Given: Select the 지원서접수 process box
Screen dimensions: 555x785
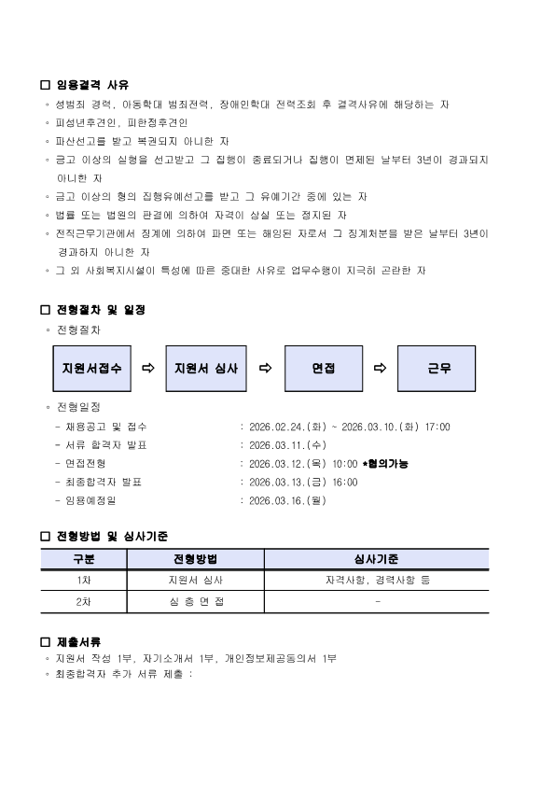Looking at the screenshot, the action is click(x=90, y=369).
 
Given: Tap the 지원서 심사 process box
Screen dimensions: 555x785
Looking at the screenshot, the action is click(x=206, y=369).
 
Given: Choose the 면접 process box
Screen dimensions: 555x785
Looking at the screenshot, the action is click(x=324, y=369).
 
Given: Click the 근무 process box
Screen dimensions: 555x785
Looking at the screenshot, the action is click(x=439, y=369).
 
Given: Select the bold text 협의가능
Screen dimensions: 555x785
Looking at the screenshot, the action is click(x=387, y=464).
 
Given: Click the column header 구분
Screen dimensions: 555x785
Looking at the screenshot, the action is click(x=84, y=559).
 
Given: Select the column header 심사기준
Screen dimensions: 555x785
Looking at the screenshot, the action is click(x=377, y=559).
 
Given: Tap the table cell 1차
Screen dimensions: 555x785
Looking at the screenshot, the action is click(x=84, y=580).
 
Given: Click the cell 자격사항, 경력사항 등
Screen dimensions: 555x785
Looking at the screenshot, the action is click(x=377, y=580).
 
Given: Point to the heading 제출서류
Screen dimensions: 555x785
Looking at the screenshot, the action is click(x=79, y=642).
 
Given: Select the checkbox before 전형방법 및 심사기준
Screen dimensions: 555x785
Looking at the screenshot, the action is click(x=46, y=537).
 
